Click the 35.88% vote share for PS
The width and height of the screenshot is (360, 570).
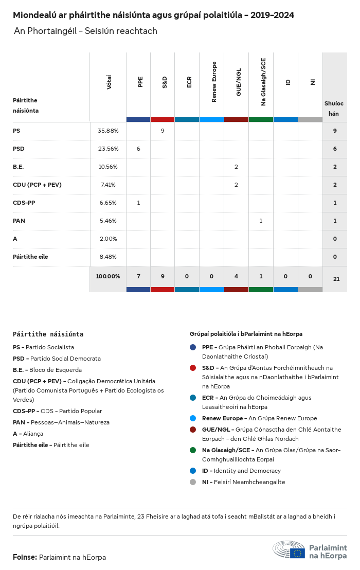(108, 131)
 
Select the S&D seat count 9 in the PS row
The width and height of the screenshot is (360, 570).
(163, 131)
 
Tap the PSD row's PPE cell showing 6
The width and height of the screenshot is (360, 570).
(138, 149)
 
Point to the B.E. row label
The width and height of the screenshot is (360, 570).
(19, 167)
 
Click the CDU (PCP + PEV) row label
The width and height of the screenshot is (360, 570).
(37, 185)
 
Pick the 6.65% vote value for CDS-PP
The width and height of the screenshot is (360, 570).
(108, 203)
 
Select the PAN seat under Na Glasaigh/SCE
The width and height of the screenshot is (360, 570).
(261, 221)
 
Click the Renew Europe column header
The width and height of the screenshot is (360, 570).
(212, 82)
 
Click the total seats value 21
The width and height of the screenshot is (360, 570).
(336, 279)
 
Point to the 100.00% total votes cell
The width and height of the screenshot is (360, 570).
(108, 276)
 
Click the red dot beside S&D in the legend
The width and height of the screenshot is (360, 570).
(193, 368)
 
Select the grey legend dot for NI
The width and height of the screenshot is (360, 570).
(193, 482)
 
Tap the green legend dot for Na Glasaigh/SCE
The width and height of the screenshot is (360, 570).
(193, 450)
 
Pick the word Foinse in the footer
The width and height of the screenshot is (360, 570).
(25, 557)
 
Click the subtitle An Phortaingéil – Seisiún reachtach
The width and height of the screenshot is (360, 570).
(85, 31)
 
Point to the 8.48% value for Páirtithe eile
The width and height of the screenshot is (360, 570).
(108, 257)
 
